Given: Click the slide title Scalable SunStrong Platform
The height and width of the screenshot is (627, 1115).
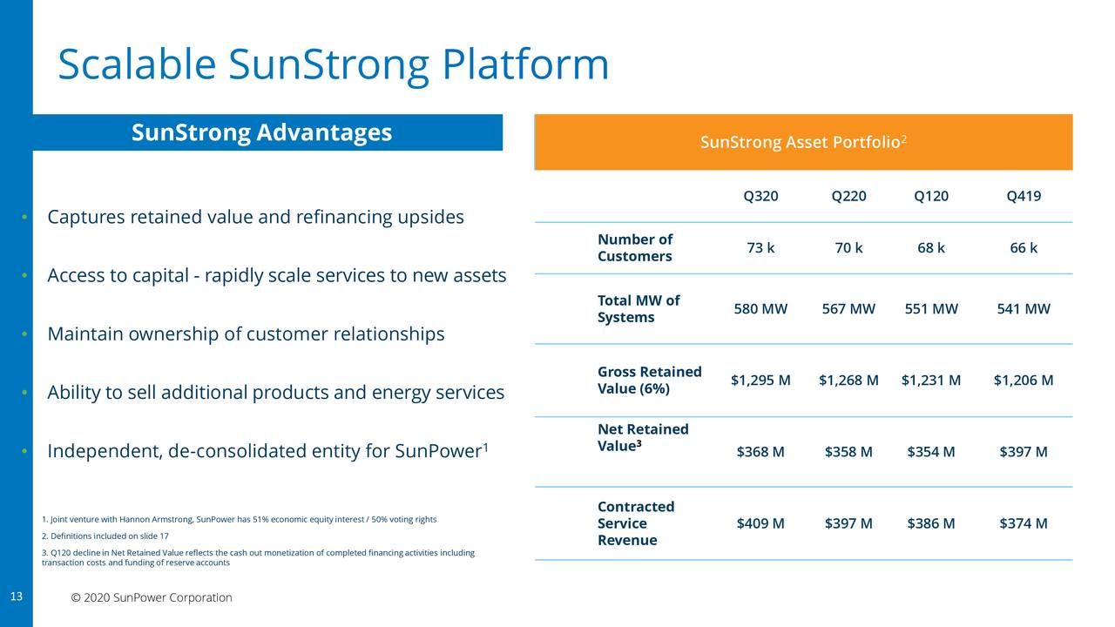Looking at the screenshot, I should click(333, 65).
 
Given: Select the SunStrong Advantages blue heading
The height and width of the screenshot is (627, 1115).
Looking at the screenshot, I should click(261, 132).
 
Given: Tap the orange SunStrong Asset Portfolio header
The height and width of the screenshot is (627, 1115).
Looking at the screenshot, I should click(803, 142).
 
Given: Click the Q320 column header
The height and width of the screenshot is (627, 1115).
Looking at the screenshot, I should click(760, 196).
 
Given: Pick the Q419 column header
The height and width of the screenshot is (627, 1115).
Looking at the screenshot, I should click(1024, 196).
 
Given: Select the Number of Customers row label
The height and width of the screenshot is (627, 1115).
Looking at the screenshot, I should click(634, 248).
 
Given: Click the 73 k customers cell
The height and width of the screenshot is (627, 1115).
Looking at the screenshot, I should click(760, 248).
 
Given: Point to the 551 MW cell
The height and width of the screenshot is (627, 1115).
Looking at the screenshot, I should click(931, 309).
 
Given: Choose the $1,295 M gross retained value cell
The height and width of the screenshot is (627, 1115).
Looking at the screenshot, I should click(760, 381).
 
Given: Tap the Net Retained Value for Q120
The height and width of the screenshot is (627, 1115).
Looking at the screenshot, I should click(931, 452).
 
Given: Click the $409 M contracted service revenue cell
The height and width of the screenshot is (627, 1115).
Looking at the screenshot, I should click(760, 523).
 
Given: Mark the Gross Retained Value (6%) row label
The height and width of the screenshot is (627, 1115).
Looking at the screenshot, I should click(649, 381).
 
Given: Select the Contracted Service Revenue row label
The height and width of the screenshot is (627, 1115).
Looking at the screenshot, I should click(636, 523).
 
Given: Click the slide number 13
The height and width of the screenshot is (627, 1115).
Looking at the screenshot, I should click(16, 597).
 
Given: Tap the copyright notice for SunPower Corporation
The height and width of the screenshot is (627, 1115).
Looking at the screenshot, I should click(152, 598).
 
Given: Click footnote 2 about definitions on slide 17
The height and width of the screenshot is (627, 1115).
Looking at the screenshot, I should click(105, 536).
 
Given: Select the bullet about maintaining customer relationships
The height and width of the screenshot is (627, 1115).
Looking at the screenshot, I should click(246, 334).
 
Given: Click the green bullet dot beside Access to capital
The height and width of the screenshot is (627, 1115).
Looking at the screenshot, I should click(26, 276).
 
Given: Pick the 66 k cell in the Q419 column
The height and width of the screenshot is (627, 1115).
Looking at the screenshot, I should click(1024, 248).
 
